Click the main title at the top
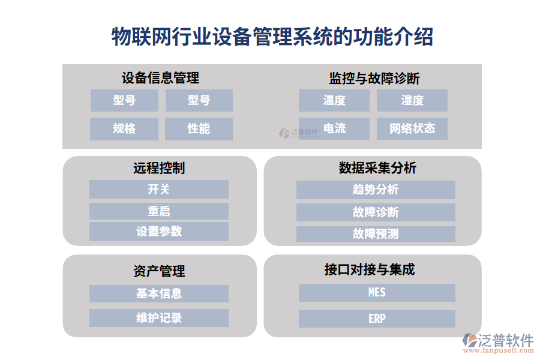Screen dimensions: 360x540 272,37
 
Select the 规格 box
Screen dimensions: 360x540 124,128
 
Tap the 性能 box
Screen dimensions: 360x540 199,128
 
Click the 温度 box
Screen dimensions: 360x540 334,100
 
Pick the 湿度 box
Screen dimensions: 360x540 412,100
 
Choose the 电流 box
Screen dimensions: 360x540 334,128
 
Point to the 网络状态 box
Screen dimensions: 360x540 412,128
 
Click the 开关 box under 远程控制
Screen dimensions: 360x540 159,190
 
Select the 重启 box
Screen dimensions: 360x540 159,211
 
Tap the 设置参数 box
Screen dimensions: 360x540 159,232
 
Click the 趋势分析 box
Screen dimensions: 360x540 376,190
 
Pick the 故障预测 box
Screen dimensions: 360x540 376,233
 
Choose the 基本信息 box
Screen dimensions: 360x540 159,293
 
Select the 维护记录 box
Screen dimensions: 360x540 159,318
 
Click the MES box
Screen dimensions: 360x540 377,293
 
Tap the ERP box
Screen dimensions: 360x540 377,319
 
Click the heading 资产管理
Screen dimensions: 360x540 159,271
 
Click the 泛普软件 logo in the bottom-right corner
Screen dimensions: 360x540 497,343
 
